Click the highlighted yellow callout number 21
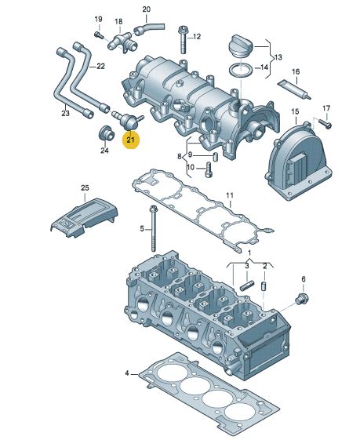pyautogui.click(x=132, y=141)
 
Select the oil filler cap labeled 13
pyautogui.click(x=241, y=45)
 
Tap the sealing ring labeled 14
pyautogui.click(x=241, y=70)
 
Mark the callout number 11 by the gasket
pyautogui.click(x=230, y=195)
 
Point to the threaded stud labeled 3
pyautogui.click(x=245, y=286)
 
